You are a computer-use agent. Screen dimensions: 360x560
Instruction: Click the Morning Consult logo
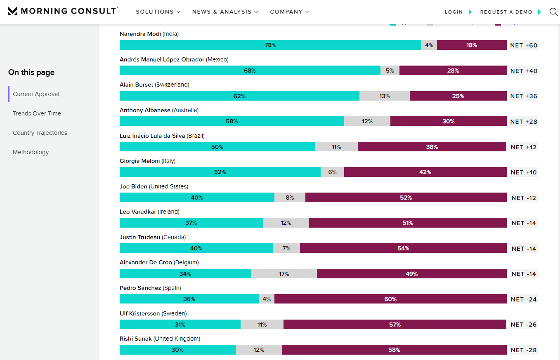click(63, 11)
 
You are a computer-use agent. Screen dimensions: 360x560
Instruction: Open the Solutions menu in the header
click(158, 12)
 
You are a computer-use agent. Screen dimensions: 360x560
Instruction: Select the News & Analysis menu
click(225, 12)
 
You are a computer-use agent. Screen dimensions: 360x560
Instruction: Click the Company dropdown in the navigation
click(289, 12)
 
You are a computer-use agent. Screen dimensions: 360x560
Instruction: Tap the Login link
click(454, 12)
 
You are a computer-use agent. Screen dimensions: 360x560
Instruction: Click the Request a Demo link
click(506, 12)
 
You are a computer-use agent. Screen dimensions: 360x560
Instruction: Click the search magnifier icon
click(553, 12)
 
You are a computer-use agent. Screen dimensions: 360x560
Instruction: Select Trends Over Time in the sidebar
click(37, 113)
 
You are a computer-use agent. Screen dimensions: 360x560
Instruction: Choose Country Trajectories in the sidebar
click(40, 133)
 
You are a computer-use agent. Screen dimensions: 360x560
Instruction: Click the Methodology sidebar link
click(31, 152)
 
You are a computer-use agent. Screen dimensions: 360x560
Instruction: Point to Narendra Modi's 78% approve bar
click(270, 45)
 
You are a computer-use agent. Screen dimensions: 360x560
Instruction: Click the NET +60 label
click(524, 45)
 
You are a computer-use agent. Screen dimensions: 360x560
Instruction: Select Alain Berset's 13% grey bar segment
click(384, 96)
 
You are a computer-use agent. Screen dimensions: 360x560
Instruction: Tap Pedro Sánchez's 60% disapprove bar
click(390, 299)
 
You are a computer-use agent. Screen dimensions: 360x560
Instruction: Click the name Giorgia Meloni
click(139, 161)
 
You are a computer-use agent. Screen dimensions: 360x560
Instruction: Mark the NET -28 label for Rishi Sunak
click(524, 350)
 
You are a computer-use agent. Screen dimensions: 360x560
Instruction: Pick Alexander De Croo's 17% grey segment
click(284, 274)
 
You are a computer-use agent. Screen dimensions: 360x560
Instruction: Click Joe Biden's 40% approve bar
click(197, 198)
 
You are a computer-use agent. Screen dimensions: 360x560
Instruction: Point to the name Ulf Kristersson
click(139, 313)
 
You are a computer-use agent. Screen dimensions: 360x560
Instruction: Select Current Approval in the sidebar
click(36, 94)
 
